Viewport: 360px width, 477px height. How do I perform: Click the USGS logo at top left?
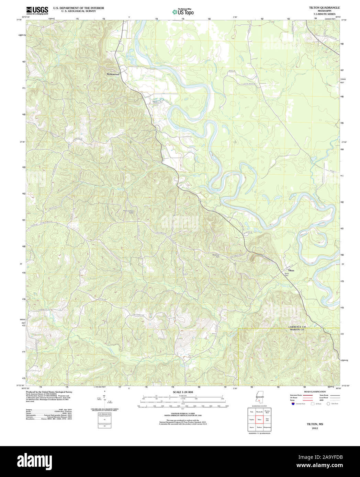point(37,10)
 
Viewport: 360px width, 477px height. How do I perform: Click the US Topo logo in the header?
point(183,12)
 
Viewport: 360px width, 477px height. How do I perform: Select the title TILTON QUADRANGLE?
point(319,8)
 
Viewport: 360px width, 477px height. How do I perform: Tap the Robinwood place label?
point(113,74)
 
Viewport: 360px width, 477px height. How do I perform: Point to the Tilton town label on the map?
point(291,270)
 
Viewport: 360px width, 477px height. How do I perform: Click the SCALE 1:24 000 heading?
point(183,392)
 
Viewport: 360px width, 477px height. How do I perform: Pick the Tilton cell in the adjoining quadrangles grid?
point(259,419)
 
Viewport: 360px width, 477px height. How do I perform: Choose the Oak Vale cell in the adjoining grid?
point(267,419)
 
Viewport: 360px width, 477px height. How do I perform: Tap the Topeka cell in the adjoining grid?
point(252,419)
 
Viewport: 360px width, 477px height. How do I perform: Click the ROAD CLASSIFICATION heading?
point(315,392)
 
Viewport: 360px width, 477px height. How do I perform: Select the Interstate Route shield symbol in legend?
point(293,404)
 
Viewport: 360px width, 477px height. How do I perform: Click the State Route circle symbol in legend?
point(328,404)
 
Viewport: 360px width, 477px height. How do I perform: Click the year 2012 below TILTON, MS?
point(315,428)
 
